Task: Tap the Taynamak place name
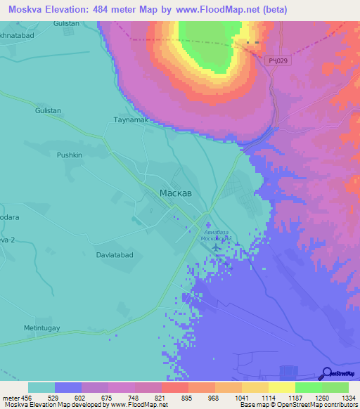(129, 120)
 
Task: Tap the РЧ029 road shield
(278, 62)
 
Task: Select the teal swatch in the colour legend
(41, 387)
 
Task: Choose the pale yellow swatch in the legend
(281, 387)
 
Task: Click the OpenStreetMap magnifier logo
(326, 374)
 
